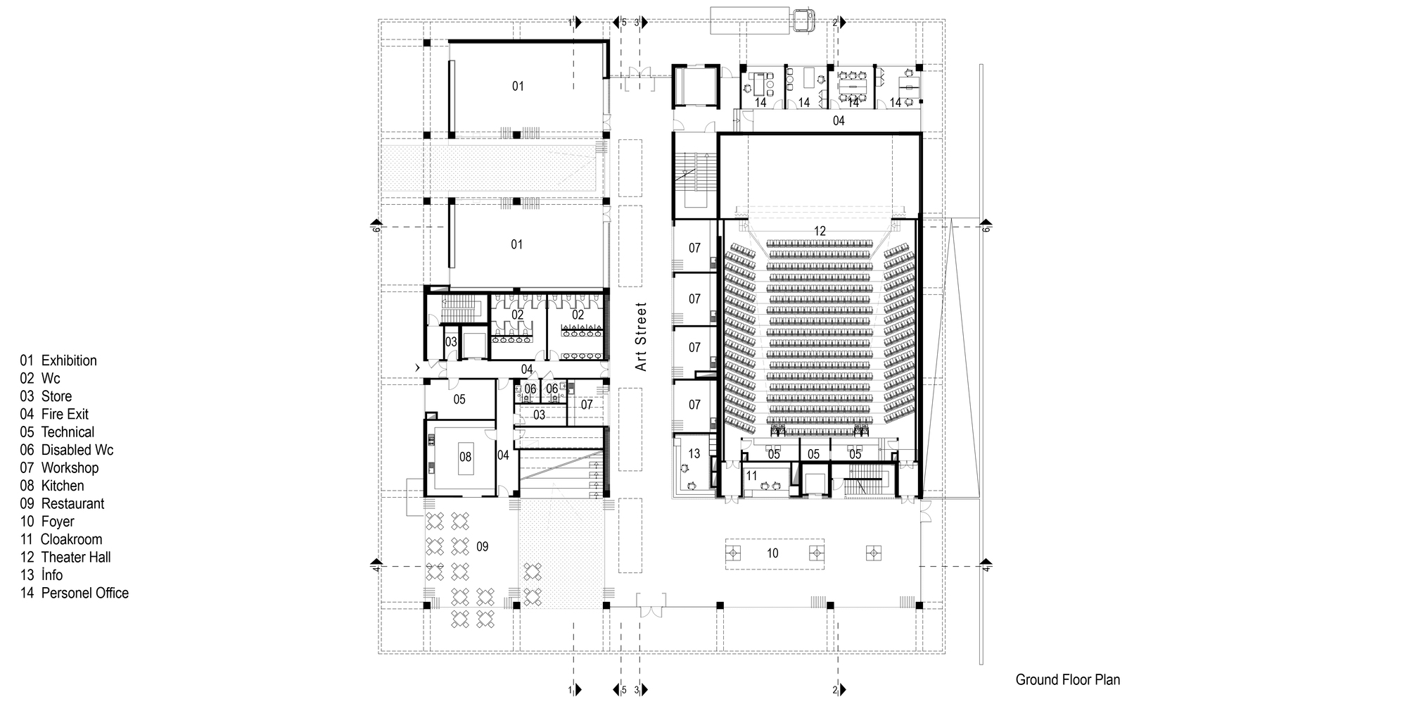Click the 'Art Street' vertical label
coord(640,337)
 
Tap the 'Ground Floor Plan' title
coord(1067,680)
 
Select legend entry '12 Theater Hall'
coord(65,558)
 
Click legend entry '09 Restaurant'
coord(62,504)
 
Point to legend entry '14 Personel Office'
coord(74,593)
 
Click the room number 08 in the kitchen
coord(465,457)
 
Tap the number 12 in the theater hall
coord(819,231)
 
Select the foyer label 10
coord(772,553)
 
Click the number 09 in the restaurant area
coord(482,546)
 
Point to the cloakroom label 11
coord(751,476)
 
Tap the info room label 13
coord(694,454)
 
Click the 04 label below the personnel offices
coord(839,121)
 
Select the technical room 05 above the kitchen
coord(459,400)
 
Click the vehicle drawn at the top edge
coord(803,20)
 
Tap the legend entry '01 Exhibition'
coord(58,361)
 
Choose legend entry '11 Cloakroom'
coord(61,540)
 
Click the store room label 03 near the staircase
coord(451,342)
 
